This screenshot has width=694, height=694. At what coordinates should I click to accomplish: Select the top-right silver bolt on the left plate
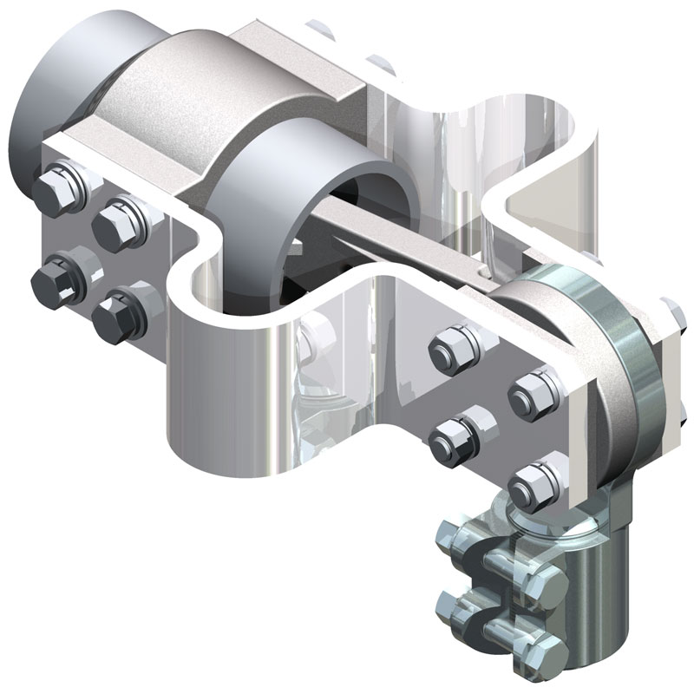coord(118,219)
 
